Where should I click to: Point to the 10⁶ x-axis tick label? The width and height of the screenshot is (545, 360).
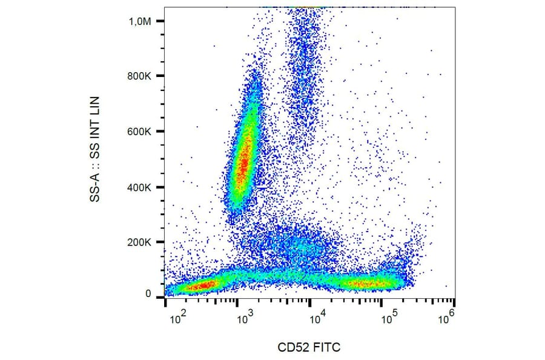[x=448, y=317]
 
